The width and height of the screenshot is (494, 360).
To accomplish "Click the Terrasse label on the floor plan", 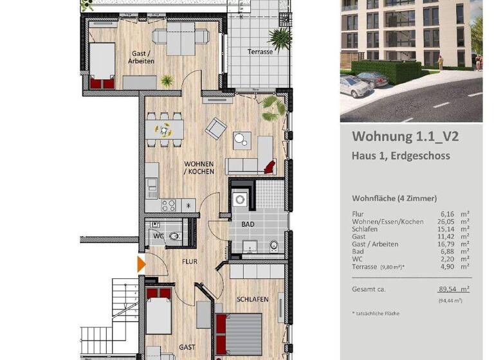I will (x=261, y=52).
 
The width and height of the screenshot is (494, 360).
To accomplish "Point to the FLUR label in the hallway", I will (x=188, y=262).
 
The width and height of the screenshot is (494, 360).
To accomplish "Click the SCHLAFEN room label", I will (x=252, y=300).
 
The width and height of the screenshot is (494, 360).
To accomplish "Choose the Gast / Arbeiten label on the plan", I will (x=141, y=57).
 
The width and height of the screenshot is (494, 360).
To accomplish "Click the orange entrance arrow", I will (x=141, y=264).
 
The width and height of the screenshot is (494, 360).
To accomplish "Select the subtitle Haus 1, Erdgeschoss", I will (x=400, y=156).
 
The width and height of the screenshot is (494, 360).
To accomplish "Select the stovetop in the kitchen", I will (x=169, y=206).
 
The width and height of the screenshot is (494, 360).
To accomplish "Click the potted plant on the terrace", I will (x=280, y=37).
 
